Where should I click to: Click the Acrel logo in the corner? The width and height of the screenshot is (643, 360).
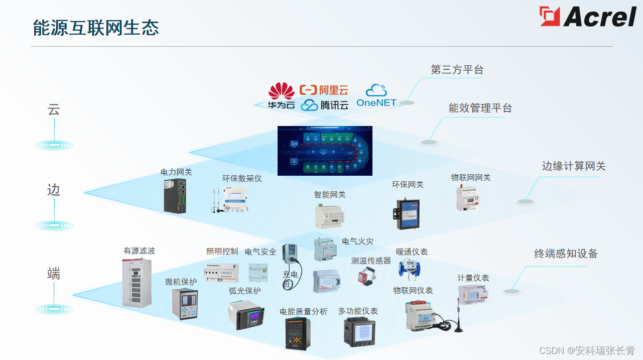(x=588, y=17)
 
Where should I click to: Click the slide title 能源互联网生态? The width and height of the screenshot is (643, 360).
(x=96, y=28)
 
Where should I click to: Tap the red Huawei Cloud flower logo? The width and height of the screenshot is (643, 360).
(x=281, y=91)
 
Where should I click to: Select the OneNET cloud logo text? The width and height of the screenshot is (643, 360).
(x=376, y=102)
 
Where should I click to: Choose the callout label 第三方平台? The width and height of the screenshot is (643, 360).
(x=457, y=70)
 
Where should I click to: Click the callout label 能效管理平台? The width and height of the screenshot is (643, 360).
(x=480, y=108)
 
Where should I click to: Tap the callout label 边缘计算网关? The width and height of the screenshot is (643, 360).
(x=573, y=166)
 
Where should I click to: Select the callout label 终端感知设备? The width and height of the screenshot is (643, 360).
(x=566, y=254)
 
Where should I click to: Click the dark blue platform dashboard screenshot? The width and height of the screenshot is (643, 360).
(x=325, y=151)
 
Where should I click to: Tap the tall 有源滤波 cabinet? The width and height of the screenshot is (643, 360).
(x=137, y=282)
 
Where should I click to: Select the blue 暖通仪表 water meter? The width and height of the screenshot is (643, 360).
(x=409, y=267)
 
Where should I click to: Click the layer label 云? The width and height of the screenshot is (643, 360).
(x=54, y=110)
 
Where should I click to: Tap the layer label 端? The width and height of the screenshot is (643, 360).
(x=54, y=274)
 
